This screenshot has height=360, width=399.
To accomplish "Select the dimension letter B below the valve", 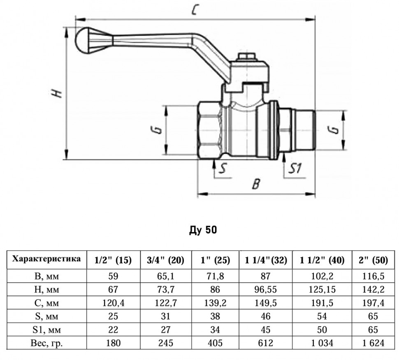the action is click(256, 184).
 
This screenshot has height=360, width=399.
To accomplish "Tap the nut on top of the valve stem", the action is click(246, 57).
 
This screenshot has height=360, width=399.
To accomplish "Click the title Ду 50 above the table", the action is click(203, 230).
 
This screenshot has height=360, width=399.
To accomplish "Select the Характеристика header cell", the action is click(46, 259).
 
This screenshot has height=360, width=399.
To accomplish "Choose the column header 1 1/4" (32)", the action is click(266, 260).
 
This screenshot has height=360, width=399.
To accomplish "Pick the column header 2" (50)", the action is click(373, 260).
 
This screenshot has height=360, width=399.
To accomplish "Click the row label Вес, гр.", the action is click(46, 343).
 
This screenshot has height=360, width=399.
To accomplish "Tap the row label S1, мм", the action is click(46, 330).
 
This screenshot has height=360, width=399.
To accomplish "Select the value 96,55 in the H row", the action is click(266, 289).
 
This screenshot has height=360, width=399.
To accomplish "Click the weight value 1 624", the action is click(373, 343).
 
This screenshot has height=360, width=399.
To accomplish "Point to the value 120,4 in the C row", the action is click(114, 303).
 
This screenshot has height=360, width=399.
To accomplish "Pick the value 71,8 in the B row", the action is click(215, 276).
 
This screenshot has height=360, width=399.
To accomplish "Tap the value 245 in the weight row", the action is click(166, 343).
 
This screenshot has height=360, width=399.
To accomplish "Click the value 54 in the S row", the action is click(322, 316).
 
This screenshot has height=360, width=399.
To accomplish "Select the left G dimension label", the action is click(158, 130).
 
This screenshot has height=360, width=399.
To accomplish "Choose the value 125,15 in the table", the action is click(322, 289).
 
